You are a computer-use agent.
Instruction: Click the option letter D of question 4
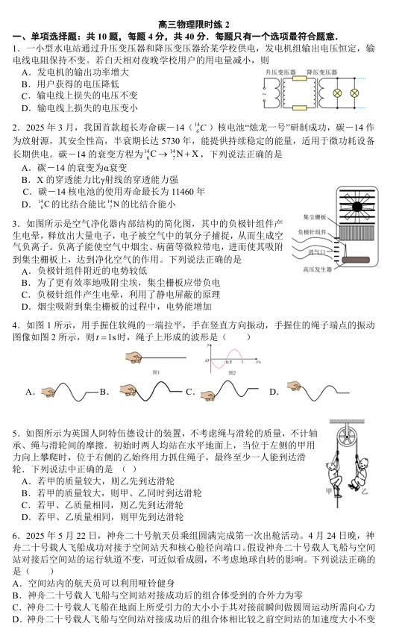point(274,392)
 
